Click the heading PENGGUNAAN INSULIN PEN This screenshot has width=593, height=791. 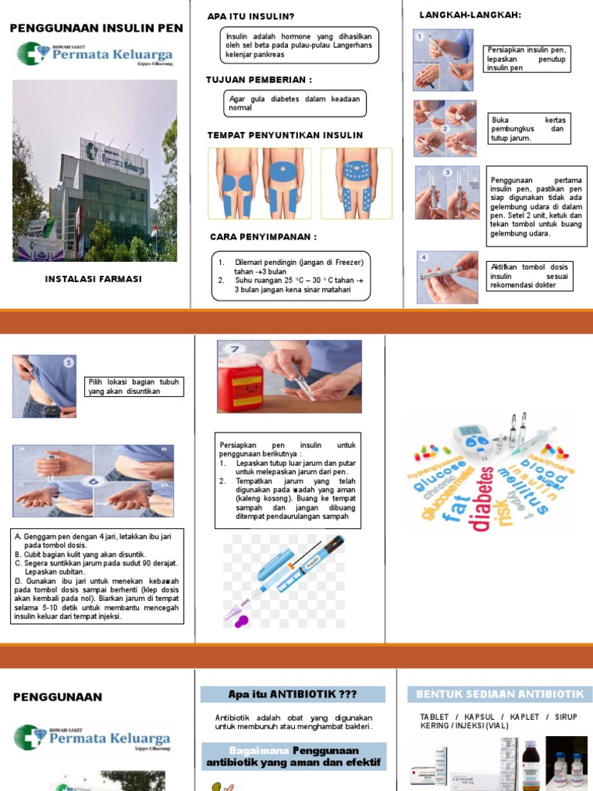[96, 28]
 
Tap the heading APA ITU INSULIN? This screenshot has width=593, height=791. [251, 16]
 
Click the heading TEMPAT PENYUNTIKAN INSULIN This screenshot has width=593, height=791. [285, 135]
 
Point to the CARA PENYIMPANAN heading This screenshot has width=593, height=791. [263, 236]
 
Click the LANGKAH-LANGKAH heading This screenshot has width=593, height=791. [469, 15]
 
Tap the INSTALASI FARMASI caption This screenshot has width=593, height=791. [93, 279]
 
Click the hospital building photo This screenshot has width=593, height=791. [94, 171]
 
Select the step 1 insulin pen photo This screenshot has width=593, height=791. [442, 60]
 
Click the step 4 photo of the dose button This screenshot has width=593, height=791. [447, 277]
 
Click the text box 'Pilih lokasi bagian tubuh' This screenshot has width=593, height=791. [134, 386]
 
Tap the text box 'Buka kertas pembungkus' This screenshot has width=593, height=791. [528, 129]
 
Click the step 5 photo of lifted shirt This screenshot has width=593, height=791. [45, 385]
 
